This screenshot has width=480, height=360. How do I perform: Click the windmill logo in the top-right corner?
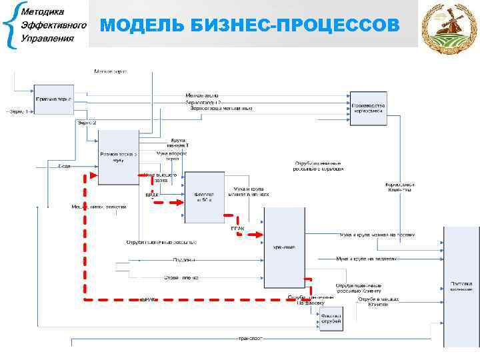tap(450, 28)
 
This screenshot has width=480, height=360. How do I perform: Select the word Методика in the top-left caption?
tap(44, 13)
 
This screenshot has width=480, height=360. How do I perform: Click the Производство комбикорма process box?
tap(367, 107)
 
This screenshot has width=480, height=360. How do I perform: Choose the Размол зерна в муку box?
tap(118, 157)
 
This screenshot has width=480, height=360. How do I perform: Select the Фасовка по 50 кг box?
tap(204, 197)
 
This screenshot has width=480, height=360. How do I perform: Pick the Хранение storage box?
tap(285, 247)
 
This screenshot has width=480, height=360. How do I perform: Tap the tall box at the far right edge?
tap(461, 287)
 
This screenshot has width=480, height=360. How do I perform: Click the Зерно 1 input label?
tap(19, 111)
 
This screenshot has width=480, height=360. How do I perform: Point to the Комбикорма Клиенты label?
tap(398, 187)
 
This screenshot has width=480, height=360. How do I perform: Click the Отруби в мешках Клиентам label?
tap(378, 301)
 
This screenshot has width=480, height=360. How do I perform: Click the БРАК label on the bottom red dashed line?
tap(147, 301)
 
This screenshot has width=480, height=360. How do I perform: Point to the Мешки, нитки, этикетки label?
tap(99, 207)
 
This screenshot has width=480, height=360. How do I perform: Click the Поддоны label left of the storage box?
tap(184, 259)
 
